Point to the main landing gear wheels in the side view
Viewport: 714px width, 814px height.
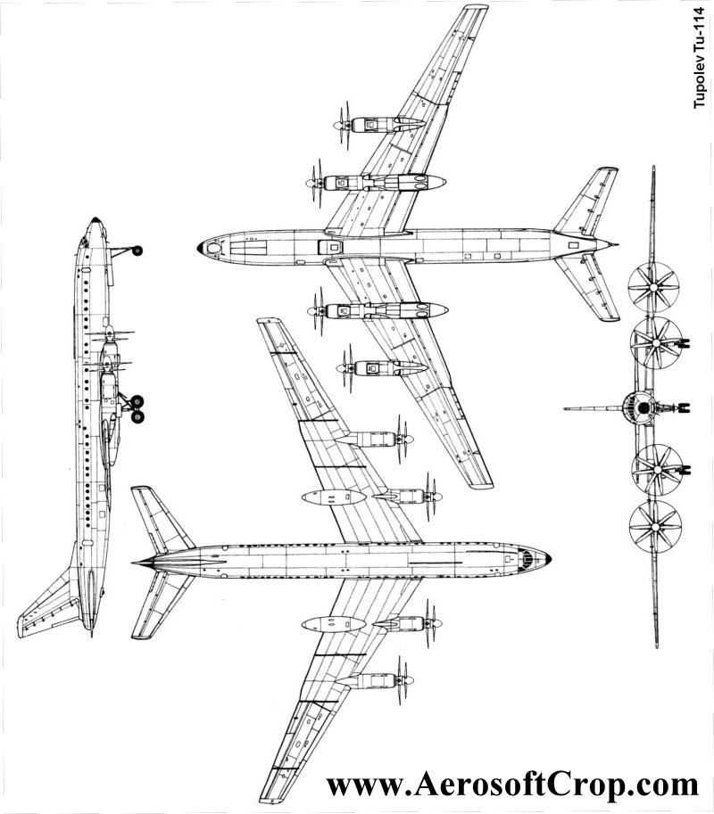coord(137,408)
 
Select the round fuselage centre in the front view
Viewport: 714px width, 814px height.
coord(640,408)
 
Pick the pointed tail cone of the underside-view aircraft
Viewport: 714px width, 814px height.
coord(135,563)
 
